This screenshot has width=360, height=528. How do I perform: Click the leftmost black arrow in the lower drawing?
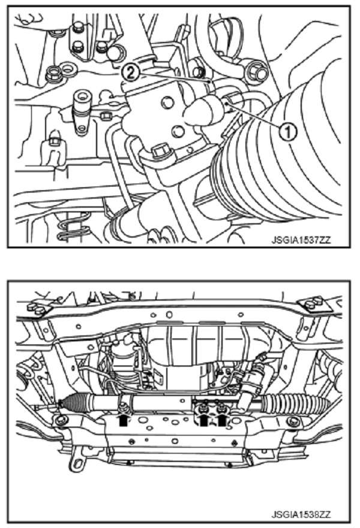point(124,421)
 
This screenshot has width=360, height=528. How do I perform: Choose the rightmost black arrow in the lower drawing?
point(223,421)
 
